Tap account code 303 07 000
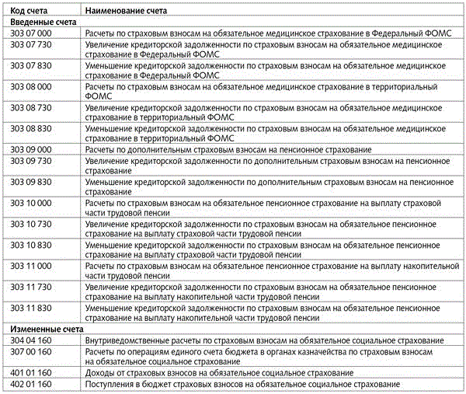tap(31, 34)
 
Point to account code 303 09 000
tap(31, 148)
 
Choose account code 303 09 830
tap(31, 181)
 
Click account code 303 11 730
tap(31, 287)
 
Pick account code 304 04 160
tap(31, 340)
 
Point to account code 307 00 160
tap(31, 351)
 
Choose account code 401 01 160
tap(31, 373)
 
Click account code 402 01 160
tap(31, 384)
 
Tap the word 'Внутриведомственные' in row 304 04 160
tap(127, 340)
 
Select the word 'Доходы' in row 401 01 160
tap(99, 373)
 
